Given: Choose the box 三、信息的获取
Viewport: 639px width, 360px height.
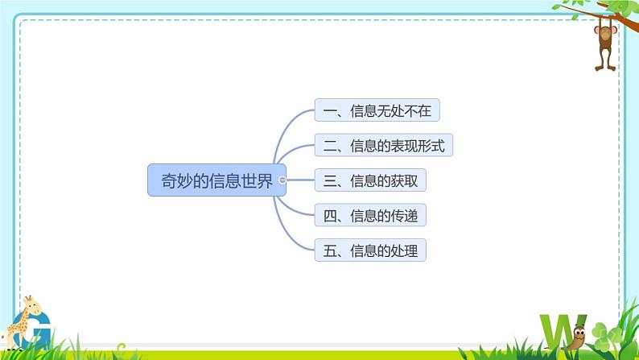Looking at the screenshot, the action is click(370, 180).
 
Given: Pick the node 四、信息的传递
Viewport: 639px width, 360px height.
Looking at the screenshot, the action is click(370, 216).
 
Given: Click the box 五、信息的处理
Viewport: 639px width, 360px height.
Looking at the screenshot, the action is click(370, 250).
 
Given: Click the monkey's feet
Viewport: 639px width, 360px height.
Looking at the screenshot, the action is click(606, 67).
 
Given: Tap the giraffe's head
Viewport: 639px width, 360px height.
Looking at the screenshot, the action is click(30, 304).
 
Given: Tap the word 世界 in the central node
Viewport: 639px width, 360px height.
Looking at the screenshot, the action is click(258, 180).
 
